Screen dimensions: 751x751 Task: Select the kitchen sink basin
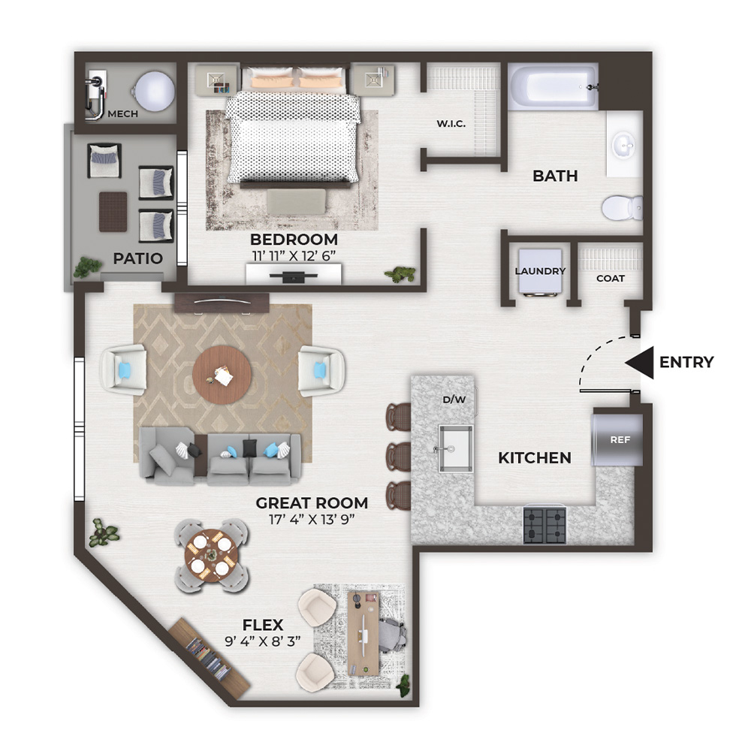[x=456, y=449]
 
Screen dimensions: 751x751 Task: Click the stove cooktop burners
[x=544, y=526]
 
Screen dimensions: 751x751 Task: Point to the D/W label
[x=454, y=400]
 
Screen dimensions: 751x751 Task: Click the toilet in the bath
[x=622, y=208]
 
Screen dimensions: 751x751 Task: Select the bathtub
[x=553, y=86]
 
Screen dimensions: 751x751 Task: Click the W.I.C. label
[x=451, y=124]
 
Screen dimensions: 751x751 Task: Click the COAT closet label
[x=610, y=279]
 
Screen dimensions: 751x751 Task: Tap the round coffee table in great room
[x=222, y=375]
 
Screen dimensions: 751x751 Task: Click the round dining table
[x=211, y=556]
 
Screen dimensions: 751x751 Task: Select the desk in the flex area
[x=363, y=632]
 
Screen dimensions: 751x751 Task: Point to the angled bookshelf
[x=210, y=654]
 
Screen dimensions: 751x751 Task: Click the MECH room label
[x=122, y=114]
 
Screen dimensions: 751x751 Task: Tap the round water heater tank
[x=154, y=91]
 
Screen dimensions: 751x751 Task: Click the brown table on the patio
[x=113, y=212]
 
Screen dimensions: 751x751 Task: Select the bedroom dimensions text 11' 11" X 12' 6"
[x=294, y=256]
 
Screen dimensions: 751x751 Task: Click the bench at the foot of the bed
[x=297, y=201]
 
